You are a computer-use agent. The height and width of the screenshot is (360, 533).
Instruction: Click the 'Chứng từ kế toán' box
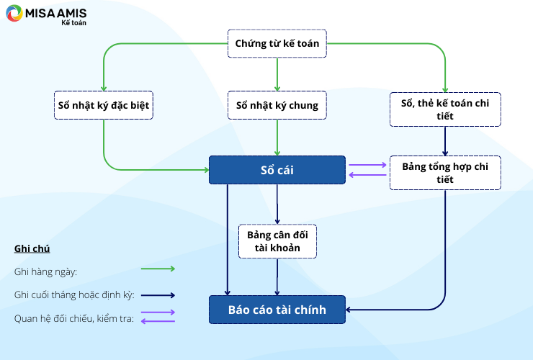point(277,43)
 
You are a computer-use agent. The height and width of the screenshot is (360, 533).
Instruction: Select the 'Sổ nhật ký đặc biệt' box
point(104,105)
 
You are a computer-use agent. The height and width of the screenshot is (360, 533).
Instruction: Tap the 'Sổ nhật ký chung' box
point(277,105)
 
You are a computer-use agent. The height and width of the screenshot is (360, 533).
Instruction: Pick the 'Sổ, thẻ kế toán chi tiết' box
point(445,109)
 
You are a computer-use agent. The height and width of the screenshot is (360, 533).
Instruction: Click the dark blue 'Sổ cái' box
point(277,170)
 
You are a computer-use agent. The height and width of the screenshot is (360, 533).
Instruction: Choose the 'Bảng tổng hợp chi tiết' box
point(445,173)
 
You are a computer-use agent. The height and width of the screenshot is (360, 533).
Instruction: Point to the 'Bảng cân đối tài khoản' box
point(277,241)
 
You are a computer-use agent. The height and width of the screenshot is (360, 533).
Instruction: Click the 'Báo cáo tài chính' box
point(277,310)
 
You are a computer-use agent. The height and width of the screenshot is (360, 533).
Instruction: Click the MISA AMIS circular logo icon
point(14,13)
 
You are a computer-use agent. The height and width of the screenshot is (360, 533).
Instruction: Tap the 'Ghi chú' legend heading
point(32,249)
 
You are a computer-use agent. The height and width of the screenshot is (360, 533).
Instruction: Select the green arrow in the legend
point(158,269)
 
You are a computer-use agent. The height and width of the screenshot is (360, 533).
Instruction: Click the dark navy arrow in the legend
point(158,295)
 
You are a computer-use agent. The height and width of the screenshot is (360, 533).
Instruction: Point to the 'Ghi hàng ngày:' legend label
point(45,272)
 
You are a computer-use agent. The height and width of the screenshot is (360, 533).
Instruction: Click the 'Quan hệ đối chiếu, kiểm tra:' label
point(74,318)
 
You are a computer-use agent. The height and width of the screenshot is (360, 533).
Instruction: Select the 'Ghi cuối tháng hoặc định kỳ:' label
point(74,294)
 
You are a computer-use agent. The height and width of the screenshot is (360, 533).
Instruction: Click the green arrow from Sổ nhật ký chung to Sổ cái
point(277,138)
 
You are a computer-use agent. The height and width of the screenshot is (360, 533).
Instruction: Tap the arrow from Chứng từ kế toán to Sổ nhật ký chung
point(277,74)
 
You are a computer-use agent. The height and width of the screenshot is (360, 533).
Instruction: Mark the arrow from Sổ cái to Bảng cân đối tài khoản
point(277,204)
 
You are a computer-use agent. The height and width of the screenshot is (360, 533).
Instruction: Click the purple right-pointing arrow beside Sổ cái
point(368,165)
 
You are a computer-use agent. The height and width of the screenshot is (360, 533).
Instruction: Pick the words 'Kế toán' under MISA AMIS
point(73,23)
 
